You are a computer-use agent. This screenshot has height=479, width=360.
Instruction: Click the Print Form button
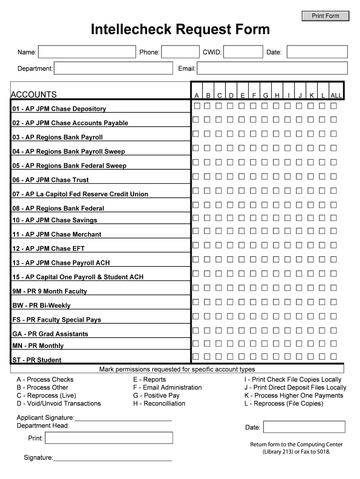pyautogui.click(x=325, y=16)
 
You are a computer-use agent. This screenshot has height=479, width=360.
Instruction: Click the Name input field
pyautogui.click(x=87, y=52)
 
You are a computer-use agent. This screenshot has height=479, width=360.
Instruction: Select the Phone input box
pyautogui.click(x=180, y=52)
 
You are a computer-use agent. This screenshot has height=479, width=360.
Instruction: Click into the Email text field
pyautogui.click(x=272, y=68)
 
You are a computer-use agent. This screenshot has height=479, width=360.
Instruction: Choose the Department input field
pyautogui.click(x=113, y=68)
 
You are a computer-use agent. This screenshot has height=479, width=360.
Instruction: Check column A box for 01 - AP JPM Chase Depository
pyautogui.click(x=196, y=106)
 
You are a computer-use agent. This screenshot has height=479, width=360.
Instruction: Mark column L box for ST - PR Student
pyautogui.click(x=322, y=356)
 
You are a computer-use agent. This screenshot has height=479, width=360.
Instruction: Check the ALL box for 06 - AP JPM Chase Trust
pyautogui.click(x=333, y=176)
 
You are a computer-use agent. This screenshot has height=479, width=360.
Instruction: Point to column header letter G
pyautogui.click(x=265, y=95)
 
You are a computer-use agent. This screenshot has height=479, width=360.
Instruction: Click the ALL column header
pyautogui.click(x=336, y=95)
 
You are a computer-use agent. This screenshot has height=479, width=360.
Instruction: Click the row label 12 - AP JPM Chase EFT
pyautogui.click(x=49, y=248)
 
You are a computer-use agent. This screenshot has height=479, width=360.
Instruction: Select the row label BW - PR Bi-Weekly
pyautogui.click(x=42, y=305)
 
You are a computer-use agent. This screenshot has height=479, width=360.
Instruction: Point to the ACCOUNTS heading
pyautogui.click(x=34, y=94)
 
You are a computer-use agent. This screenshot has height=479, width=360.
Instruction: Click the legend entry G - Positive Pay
pyautogui.click(x=156, y=395)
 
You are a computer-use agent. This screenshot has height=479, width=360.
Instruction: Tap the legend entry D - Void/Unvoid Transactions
pyautogui.click(x=59, y=403)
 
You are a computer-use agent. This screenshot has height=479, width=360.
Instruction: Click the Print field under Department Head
pyautogui.click(x=109, y=438)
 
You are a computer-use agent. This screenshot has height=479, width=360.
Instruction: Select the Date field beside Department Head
pyautogui.click(x=306, y=427)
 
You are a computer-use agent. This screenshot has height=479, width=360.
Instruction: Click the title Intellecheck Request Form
pyautogui.click(x=180, y=30)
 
